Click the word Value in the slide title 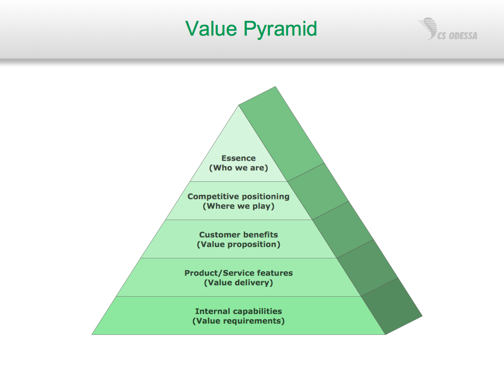click(212, 29)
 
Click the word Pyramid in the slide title click(280, 30)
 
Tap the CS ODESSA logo click(448, 30)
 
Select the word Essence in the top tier click(238, 158)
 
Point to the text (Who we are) click(238, 168)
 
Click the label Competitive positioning click(238, 196)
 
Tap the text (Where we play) click(238, 206)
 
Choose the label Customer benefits click(238, 234)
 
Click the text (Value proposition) click(238, 244)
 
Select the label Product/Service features click(238, 273)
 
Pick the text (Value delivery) click(238, 283)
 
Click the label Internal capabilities click(238, 311)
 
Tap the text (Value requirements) click(238, 321)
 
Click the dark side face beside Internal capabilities click(392, 306)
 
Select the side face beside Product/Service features click(367, 268)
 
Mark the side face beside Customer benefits click(343, 230)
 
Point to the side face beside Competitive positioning click(318, 191)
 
